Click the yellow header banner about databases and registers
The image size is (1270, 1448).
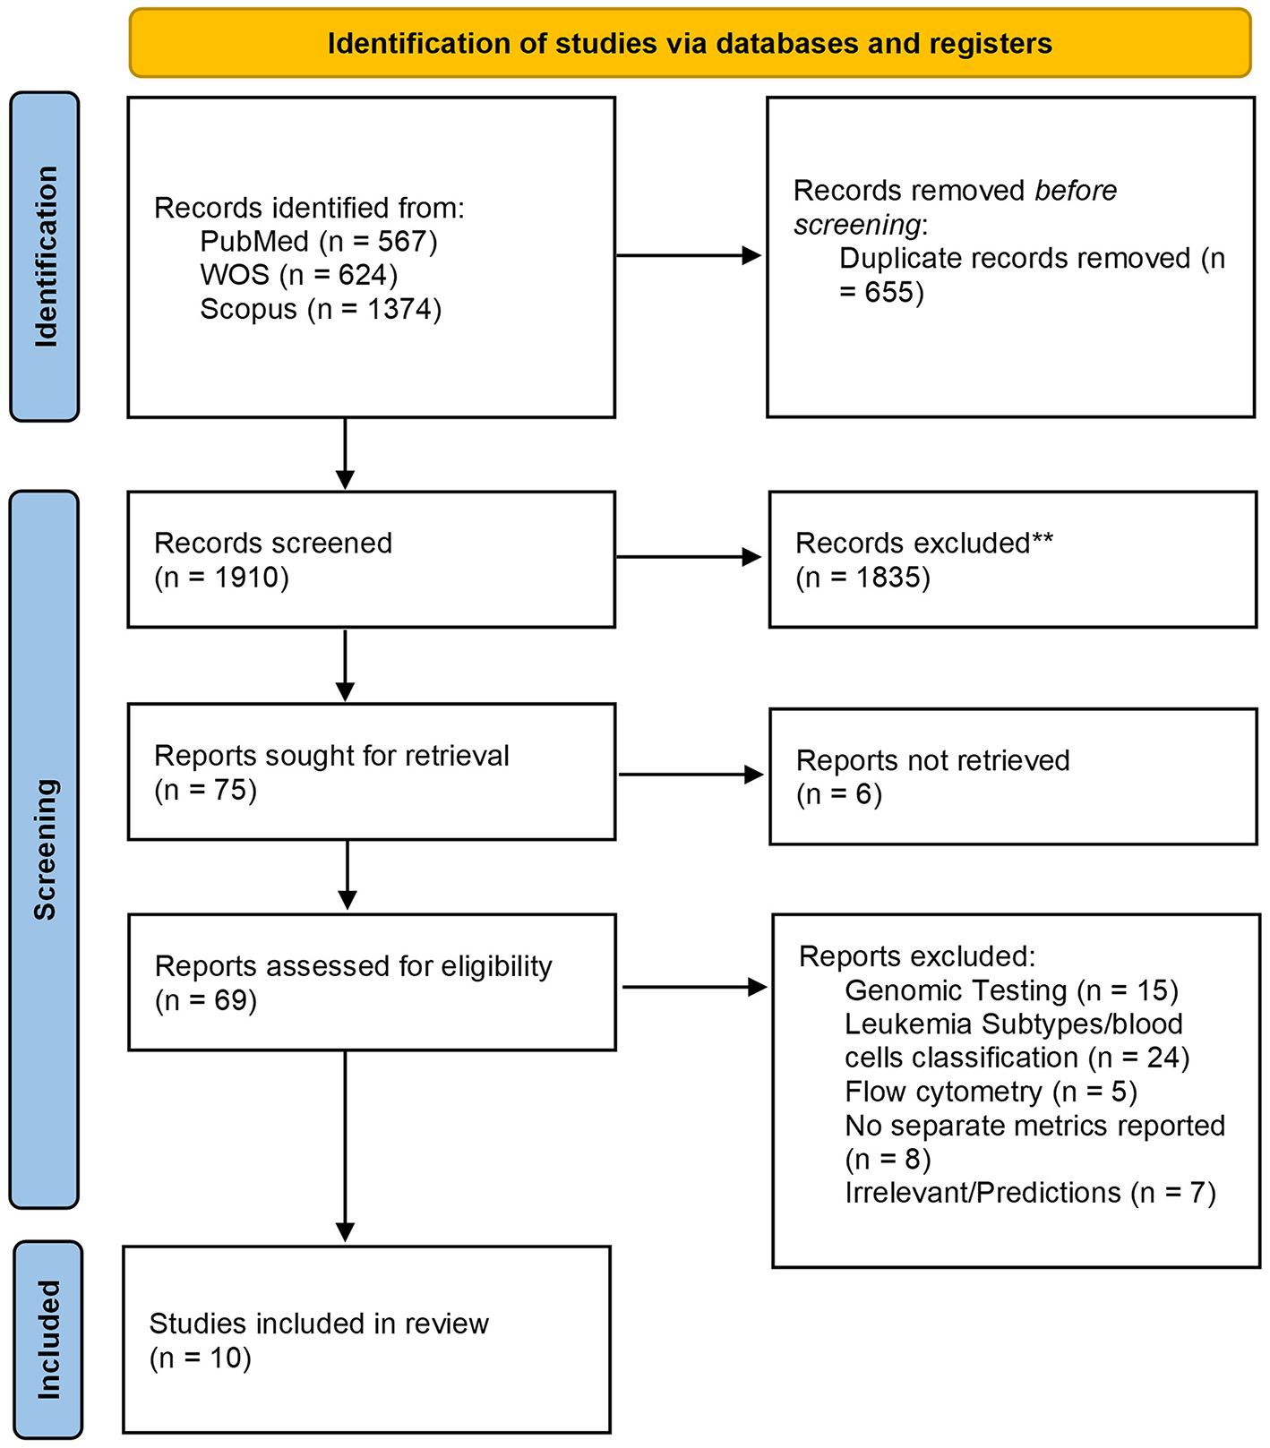[690, 43]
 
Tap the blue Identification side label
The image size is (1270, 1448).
[45, 257]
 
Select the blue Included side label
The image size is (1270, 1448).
[47, 1339]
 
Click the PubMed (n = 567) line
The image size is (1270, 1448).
[318, 242]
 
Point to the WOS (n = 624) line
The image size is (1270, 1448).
[298, 275]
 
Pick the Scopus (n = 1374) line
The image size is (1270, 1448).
[321, 309]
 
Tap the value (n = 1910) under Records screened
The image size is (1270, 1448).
[221, 578]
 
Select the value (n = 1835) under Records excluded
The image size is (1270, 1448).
[862, 578]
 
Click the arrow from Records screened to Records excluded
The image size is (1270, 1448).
[688, 557]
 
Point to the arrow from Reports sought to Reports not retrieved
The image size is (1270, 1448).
[691, 775]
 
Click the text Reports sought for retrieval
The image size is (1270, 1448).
[331, 756]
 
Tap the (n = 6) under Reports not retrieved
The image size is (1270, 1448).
[839, 794]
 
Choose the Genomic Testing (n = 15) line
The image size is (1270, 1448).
[1011, 990]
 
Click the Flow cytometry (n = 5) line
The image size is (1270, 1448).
[991, 1092]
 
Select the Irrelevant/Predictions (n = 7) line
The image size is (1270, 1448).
[1030, 1193]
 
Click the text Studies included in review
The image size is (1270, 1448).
[319, 1324]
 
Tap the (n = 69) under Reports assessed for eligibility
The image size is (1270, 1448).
[206, 1000]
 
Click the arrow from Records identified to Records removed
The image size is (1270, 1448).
[688, 256]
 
